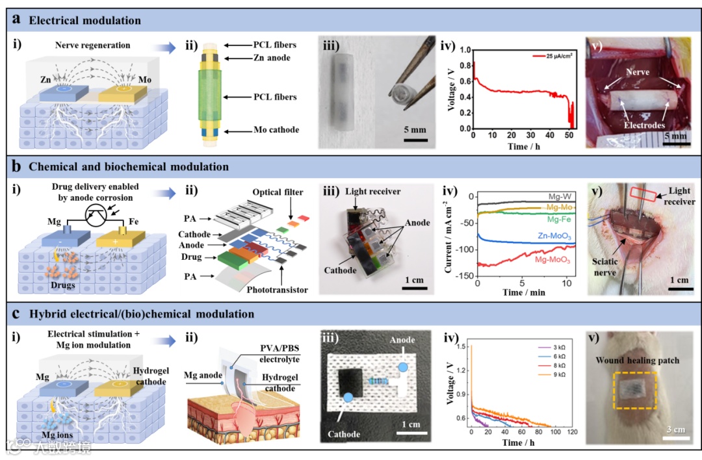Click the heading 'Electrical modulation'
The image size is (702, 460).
coord(84,20)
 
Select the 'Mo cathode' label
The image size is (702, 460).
coord(275,129)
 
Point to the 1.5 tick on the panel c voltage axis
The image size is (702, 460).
coord(461,348)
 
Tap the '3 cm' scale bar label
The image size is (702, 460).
coord(679,429)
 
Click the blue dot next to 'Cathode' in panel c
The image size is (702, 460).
coord(348,397)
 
